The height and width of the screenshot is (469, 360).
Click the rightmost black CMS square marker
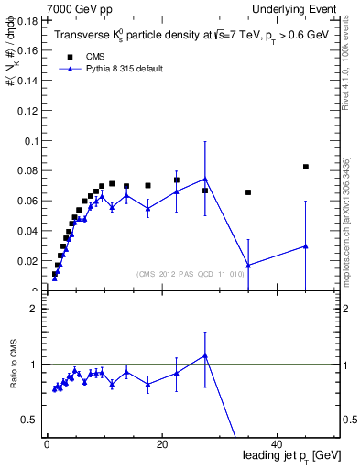tap(306, 167)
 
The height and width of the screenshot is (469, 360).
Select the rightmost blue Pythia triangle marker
tap(306, 246)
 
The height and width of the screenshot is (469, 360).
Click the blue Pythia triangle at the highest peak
tap(205, 179)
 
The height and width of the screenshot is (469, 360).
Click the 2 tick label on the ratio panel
tap(33, 309)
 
